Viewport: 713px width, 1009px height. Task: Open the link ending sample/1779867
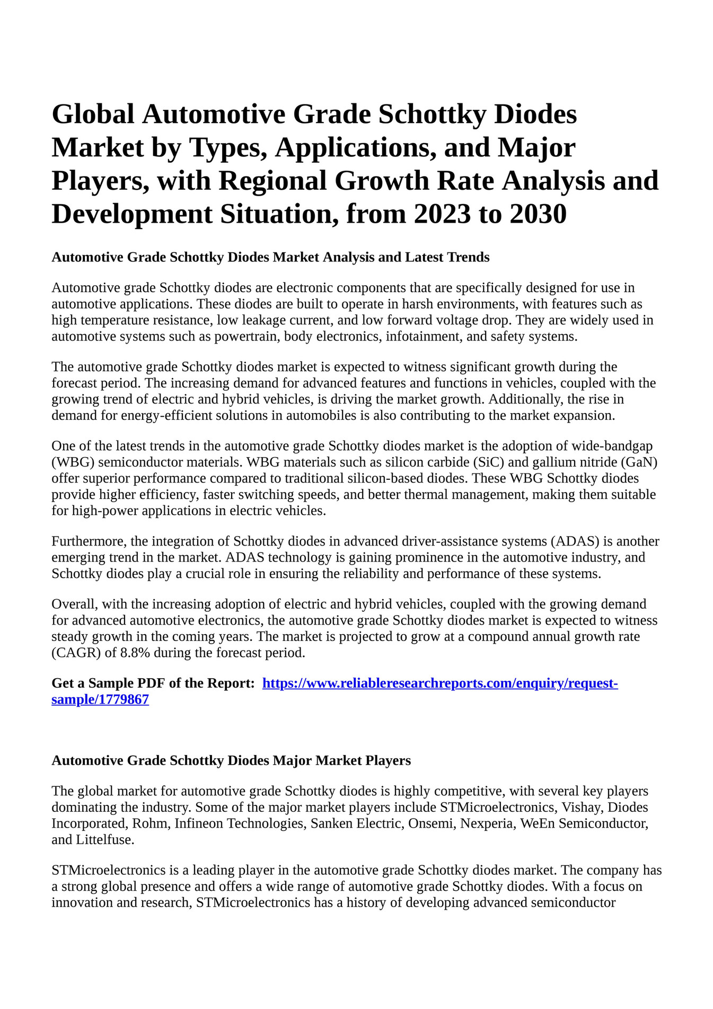click(x=100, y=700)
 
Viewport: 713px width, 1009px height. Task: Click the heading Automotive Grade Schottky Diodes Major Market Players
click(x=231, y=761)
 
